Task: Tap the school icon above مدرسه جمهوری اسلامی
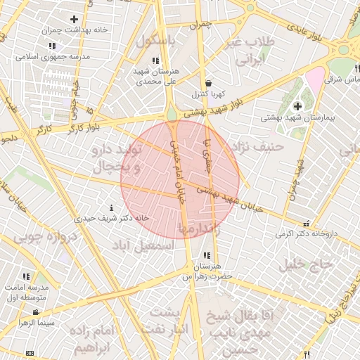pyautogui.click(x=52, y=46)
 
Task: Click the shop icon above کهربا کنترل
pyautogui.click(x=208, y=83)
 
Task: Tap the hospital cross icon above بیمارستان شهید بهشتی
pyautogui.click(x=297, y=106)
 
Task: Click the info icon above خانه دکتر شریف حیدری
pyautogui.click(x=112, y=208)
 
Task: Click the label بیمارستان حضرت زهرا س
pyautogui.click(x=207, y=271)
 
